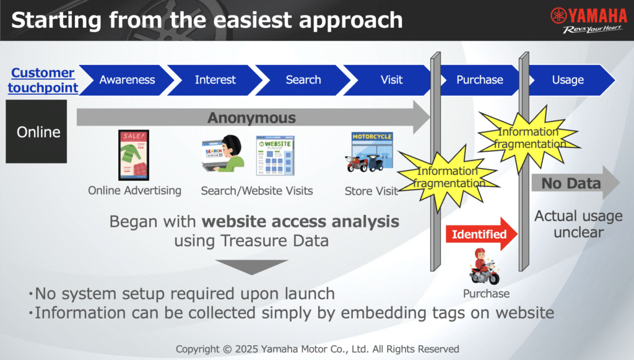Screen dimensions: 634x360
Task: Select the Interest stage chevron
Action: coord(215,80)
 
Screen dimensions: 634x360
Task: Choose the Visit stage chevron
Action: coord(389,80)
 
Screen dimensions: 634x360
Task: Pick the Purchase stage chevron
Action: coord(480,80)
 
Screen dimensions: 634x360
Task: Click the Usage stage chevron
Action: coord(570,80)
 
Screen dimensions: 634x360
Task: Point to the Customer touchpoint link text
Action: coord(43,80)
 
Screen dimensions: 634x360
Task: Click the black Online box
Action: coord(37,132)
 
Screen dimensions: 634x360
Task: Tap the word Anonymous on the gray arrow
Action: coord(251,118)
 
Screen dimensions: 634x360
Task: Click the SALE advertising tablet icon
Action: coord(134,155)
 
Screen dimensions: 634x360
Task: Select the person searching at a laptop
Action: coord(223,154)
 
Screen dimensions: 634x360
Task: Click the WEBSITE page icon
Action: coord(276,156)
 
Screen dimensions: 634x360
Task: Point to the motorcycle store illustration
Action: coord(369,152)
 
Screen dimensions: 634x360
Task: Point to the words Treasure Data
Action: coord(274,241)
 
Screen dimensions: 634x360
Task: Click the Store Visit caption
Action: coord(371,191)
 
